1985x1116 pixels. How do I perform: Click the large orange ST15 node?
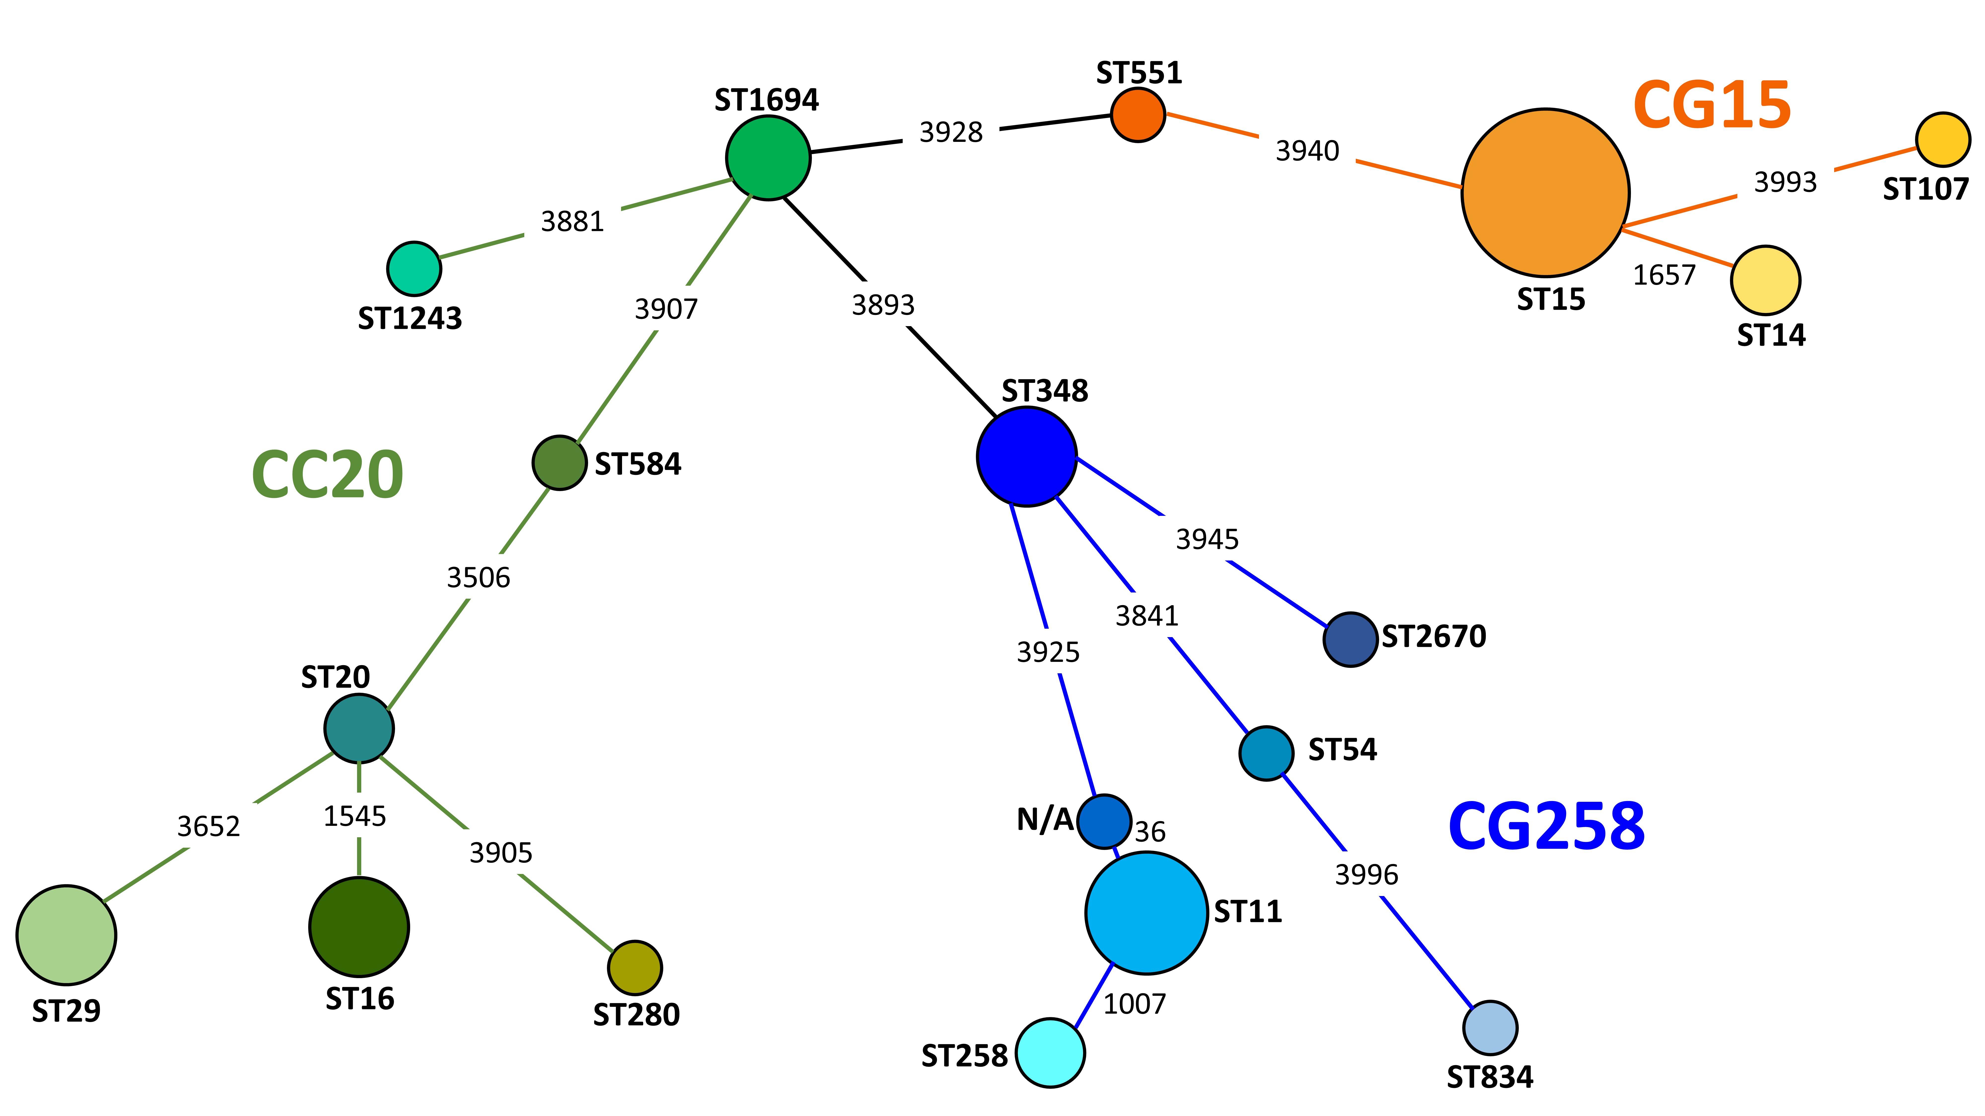1545,192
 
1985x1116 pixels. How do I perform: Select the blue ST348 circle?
1026,457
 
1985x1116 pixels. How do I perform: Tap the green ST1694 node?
768,158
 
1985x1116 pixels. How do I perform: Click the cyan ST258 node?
1050,1053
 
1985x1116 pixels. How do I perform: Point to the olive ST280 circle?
635,967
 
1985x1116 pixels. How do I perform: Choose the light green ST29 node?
66,935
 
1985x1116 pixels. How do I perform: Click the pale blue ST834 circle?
1490,1027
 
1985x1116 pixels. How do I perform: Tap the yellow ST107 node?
1943,139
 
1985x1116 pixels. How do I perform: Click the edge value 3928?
951,132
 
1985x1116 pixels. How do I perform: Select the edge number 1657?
1664,275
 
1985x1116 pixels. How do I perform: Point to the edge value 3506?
479,578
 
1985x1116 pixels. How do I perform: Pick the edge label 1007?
1134,1004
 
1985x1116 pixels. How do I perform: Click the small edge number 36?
1150,832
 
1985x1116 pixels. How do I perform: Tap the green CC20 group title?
328,474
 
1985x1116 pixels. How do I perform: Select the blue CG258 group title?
1547,826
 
